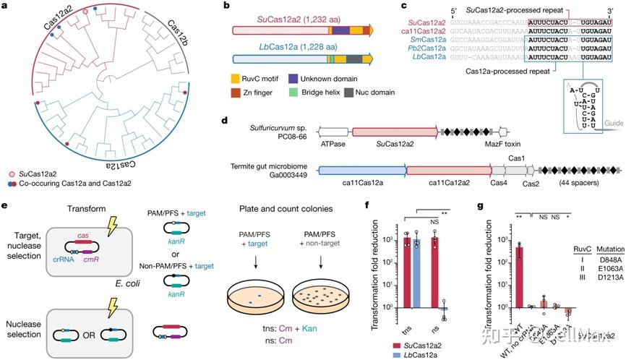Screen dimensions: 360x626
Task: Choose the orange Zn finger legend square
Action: click(x=236, y=94)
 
